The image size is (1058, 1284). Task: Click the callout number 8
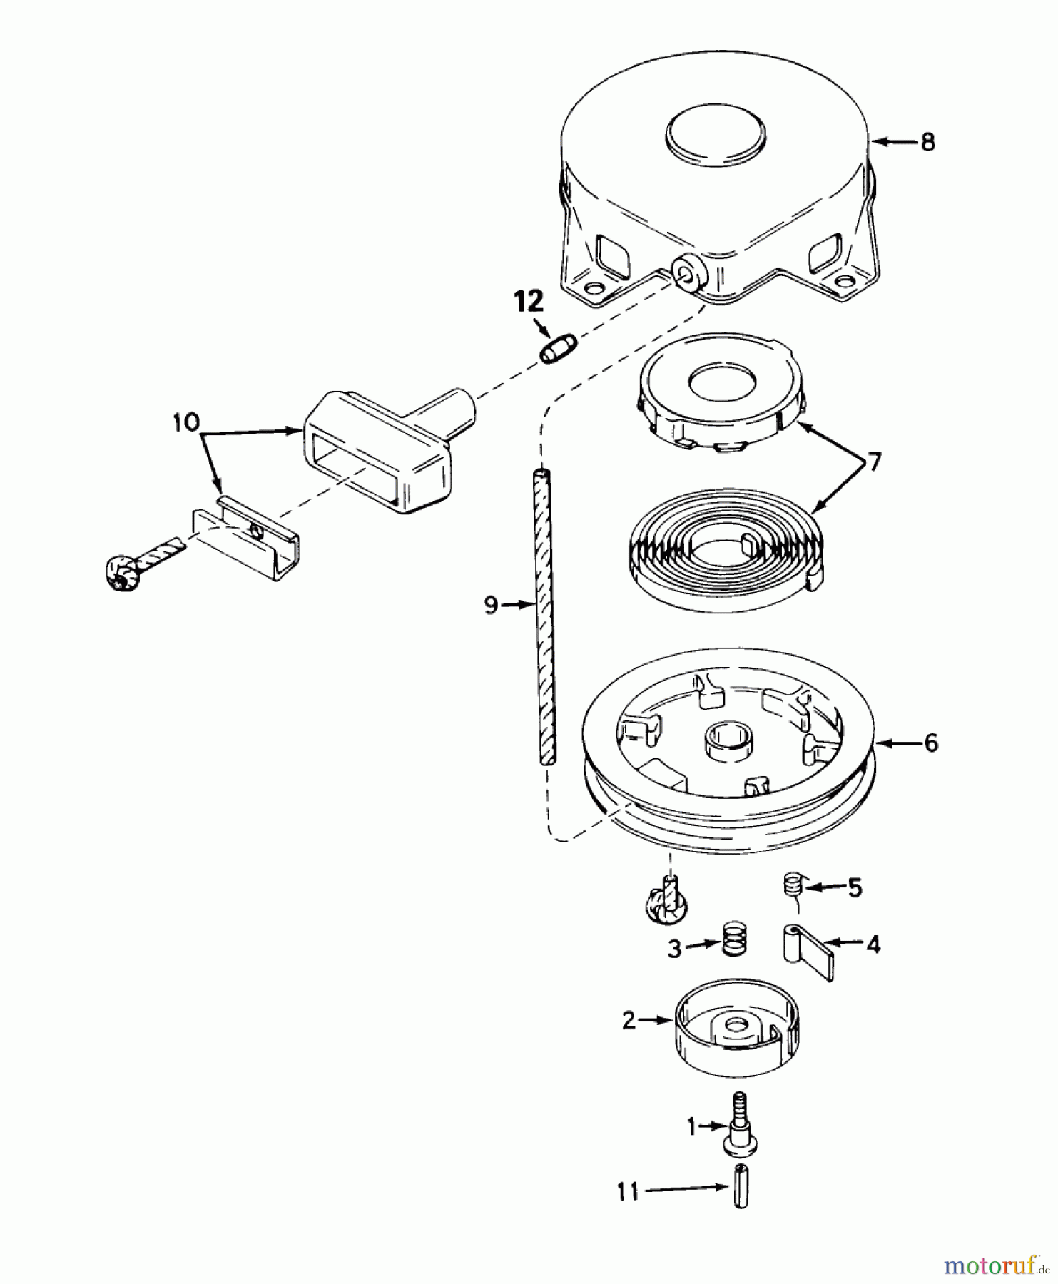(x=927, y=142)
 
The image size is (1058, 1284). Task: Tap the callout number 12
(x=529, y=302)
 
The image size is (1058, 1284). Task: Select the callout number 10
(x=186, y=422)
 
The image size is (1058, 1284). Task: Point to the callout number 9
(x=491, y=606)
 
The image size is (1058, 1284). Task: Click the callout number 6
(x=931, y=743)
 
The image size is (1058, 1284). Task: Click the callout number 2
(x=628, y=1021)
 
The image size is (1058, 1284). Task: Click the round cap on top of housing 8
(x=715, y=136)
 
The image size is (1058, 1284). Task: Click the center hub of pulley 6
(x=724, y=740)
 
